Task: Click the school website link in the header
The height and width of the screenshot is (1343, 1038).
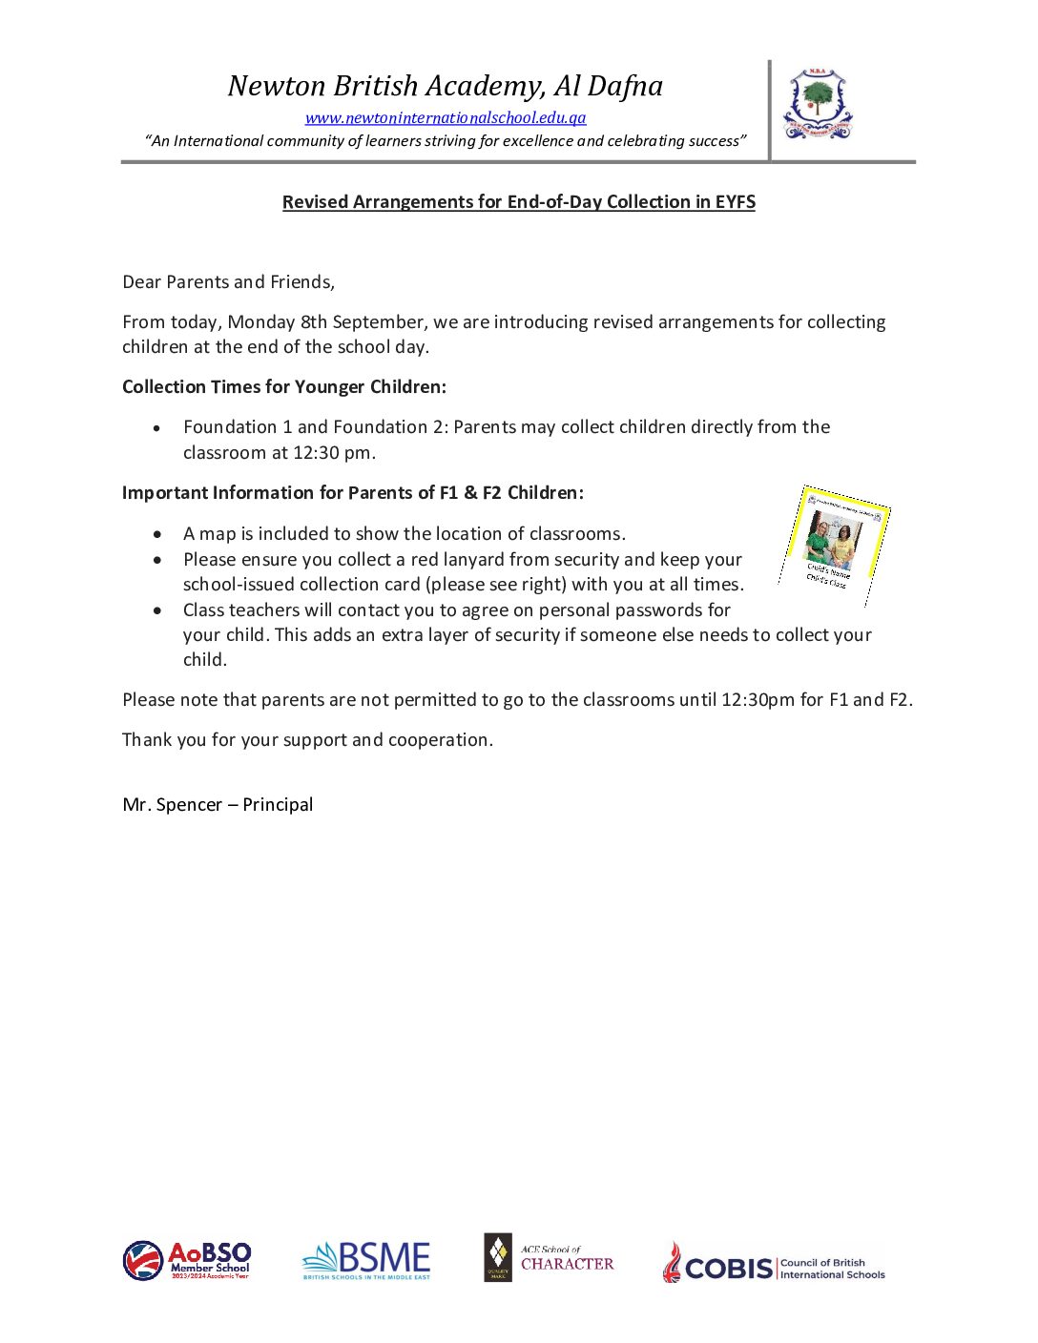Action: pos(446,118)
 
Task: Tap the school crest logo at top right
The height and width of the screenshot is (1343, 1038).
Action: pos(818,105)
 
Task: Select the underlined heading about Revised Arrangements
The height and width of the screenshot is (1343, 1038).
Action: pos(518,202)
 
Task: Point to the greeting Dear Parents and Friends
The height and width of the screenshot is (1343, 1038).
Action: pos(228,282)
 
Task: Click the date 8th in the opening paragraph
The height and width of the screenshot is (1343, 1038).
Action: pos(313,322)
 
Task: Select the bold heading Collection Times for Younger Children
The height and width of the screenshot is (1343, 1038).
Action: pos(283,387)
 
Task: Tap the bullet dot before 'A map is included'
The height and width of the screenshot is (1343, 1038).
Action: pos(157,535)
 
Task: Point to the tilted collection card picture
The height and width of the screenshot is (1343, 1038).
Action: pos(835,544)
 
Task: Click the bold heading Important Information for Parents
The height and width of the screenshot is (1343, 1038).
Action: pos(352,493)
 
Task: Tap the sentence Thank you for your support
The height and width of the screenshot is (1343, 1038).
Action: pos(307,740)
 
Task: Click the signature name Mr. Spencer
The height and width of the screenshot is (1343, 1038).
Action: pos(172,805)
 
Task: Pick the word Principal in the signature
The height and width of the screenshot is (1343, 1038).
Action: pos(278,805)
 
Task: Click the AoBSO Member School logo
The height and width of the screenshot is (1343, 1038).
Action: pos(187,1261)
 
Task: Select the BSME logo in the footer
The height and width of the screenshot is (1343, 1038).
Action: pos(366,1261)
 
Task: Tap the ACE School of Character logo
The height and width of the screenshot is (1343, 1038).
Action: pos(549,1258)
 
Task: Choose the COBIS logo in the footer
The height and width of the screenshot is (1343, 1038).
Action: pos(774,1263)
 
